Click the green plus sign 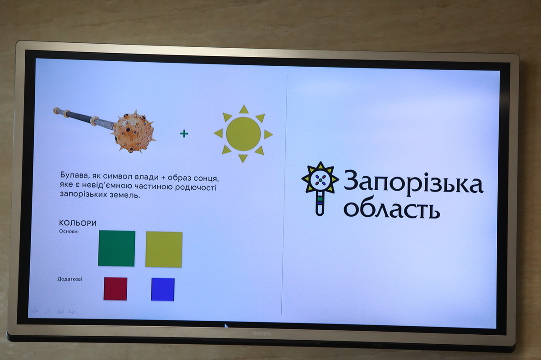pos(184,133)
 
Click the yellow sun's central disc pos(243,134)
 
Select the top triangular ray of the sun pos(244,109)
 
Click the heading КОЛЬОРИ pos(78,223)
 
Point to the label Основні pos(69,231)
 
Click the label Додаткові pos(69,279)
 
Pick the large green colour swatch pos(116,248)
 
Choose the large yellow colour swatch pos(164,250)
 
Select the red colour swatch pos(115,289)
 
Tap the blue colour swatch pos(163,290)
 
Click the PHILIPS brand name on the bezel pos(262,334)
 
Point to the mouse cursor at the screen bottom pos(226,326)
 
